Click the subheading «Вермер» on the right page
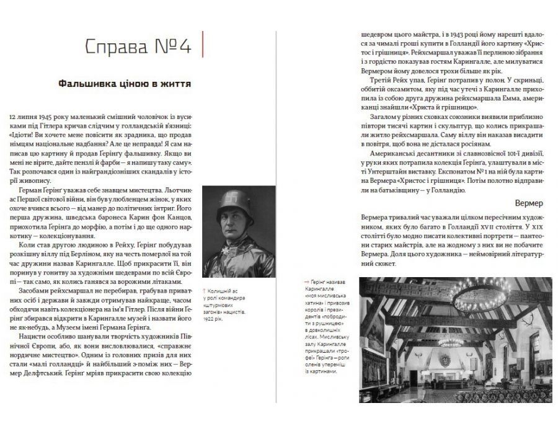(x=528, y=203)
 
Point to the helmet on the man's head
(x=229, y=201)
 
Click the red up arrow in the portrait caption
(x=205, y=291)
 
